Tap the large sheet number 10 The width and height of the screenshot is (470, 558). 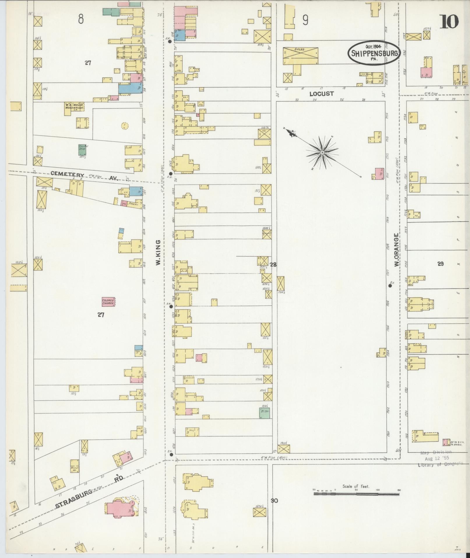pyautogui.click(x=449, y=22)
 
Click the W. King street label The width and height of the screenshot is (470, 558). pyautogui.click(x=158, y=253)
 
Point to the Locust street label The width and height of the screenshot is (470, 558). pyautogui.click(x=321, y=94)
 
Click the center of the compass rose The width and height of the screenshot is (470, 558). pyautogui.click(x=322, y=153)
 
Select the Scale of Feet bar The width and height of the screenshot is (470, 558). pyautogui.click(x=356, y=494)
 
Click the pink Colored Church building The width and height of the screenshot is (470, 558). pyautogui.click(x=108, y=302)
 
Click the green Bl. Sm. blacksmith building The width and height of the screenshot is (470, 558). pyautogui.click(x=265, y=413)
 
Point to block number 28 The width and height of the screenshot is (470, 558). pyautogui.click(x=273, y=265)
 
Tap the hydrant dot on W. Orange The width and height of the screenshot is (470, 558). pyautogui.click(x=390, y=286)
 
